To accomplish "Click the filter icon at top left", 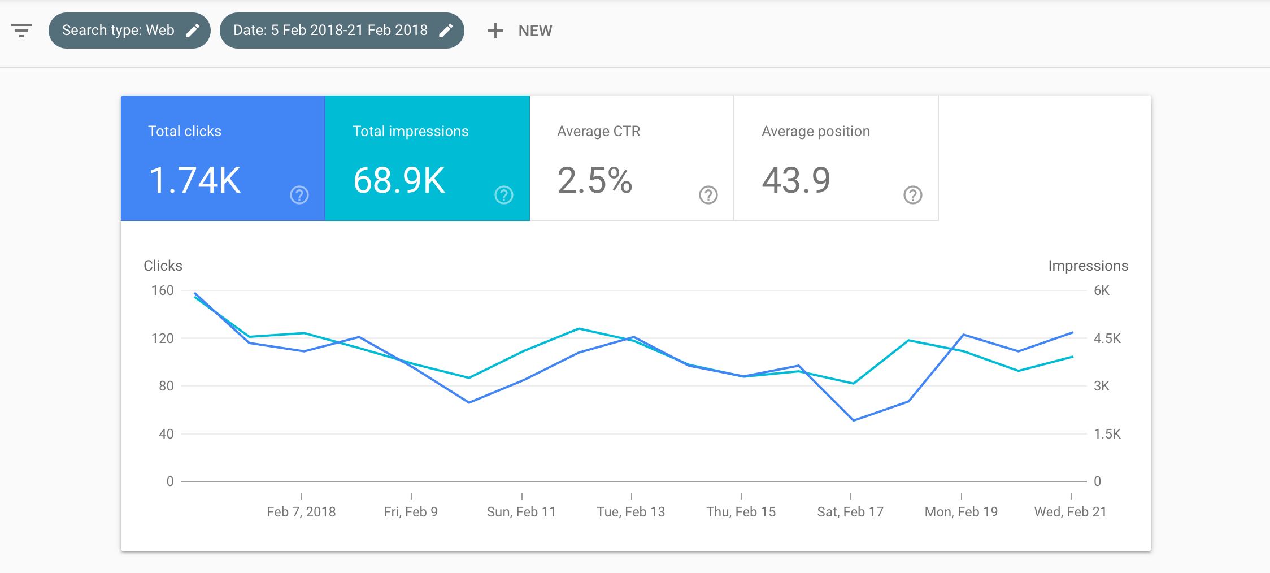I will pyautogui.click(x=21, y=31).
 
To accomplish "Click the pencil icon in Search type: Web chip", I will pyautogui.click(x=193, y=31).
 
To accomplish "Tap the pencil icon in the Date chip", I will pyautogui.click(x=446, y=31).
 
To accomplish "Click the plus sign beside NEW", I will pyautogui.click(x=495, y=31).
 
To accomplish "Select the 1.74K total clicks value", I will pyautogui.click(x=195, y=181).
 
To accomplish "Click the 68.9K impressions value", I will pyautogui.click(x=399, y=181).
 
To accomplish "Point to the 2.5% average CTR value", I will pyautogui.click(x=594, y=181).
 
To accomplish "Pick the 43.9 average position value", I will pyautogui.click(x=796, y=181).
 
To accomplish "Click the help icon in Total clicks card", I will pyautogui.click(x=299, y=195).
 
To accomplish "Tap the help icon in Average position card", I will pyautogui.click(x=912, y=195).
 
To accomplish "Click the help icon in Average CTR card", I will pyautogui.click(x=708, y=195).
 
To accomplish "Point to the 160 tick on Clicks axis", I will pyautogui.click(x=162, y=290).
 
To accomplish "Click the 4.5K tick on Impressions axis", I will pyautogui.click(x=1107, y=338).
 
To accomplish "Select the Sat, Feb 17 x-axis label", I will pyautogui.click(x=850, y=512).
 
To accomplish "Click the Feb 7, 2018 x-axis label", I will pyautogui.click(x=301, y=512).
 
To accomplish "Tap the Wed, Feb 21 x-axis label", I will pyautogui.click(x=1070, y=512).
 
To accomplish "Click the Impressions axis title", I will pyautogui.click(x=1088, y=266).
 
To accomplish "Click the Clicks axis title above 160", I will pyautogui.click(x=163, y=266).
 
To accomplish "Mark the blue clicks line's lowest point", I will pyautogui.click(x=853, y=420).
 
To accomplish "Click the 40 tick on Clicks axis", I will pyautogui.click(x=166, y=434).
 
